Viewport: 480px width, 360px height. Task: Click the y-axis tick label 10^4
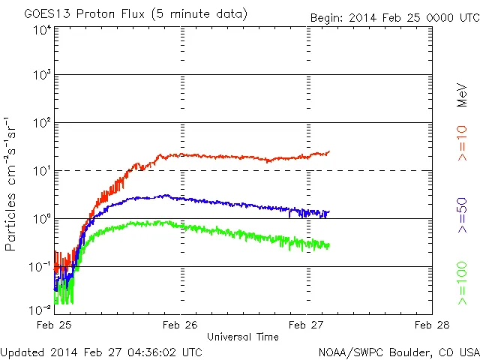42,31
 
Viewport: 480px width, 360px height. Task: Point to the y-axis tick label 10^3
42,76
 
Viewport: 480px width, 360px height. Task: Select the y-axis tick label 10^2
42,123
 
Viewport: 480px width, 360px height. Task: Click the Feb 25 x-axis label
55,325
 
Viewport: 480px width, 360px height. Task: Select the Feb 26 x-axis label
181,325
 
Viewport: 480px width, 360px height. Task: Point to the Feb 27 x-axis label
307,325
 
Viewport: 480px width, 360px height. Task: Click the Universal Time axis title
243,337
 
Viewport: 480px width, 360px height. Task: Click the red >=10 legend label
463,143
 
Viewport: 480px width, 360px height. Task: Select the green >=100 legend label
463,283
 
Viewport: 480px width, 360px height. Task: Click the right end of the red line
328,151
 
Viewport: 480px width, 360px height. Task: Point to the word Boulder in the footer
400,352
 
